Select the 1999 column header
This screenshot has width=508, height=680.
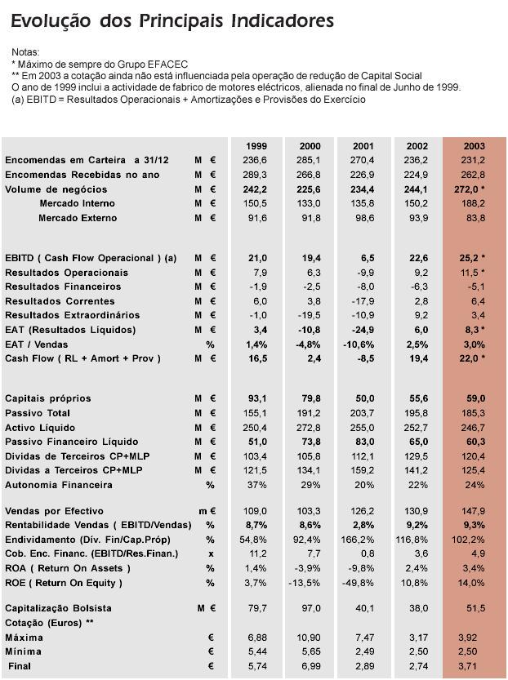click(256, 146)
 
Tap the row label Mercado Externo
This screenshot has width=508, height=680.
click(78, 218)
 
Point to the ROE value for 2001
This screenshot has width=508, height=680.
click(363, 583)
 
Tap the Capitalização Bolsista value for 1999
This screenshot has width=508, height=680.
click(256, 608)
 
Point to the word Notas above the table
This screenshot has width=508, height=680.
click(26, 52)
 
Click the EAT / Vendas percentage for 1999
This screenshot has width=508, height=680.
click(256, 344)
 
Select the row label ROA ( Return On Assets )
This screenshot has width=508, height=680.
click(63, 568)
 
